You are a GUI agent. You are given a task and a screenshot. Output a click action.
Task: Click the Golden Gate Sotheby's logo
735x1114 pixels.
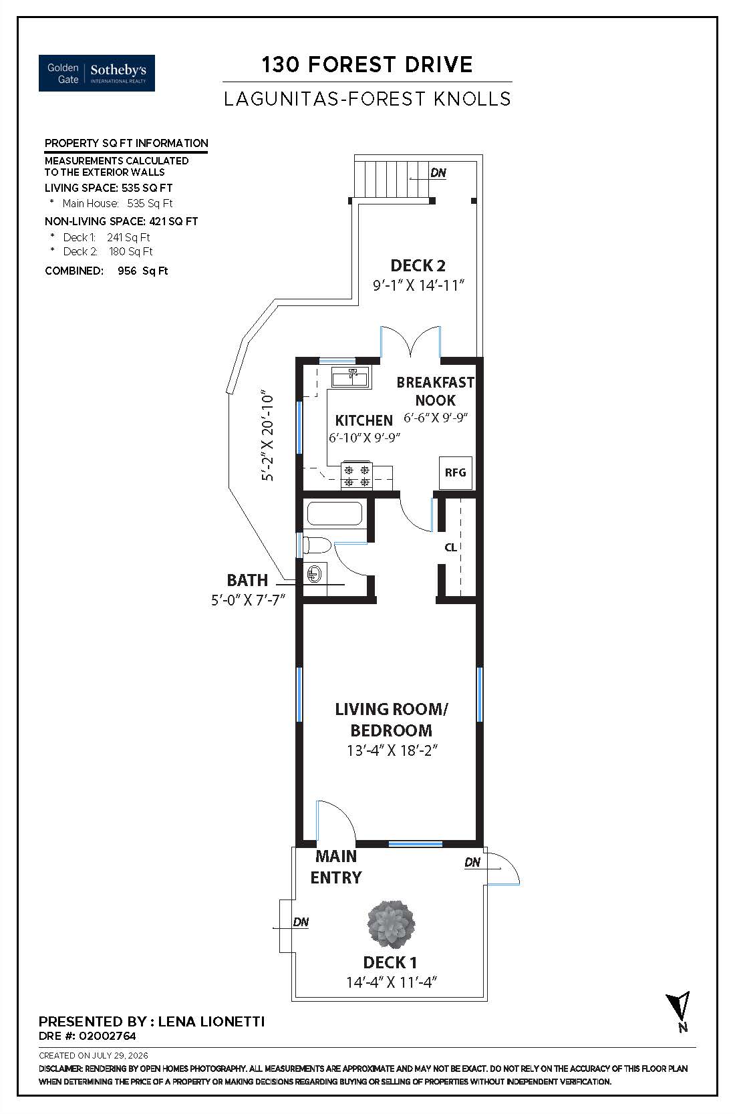tap(96, 73)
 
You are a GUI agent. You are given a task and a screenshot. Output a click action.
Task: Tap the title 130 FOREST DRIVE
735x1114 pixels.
tap(367, 65)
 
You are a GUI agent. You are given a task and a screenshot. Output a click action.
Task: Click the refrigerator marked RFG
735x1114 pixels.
tap(456, 472)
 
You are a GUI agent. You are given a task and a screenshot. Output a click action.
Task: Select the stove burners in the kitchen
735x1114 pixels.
tap(357, 475)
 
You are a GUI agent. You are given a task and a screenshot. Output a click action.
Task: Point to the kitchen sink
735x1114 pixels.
tap(351, 377)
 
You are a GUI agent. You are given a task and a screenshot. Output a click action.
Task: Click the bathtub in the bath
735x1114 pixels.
tap(335, 513)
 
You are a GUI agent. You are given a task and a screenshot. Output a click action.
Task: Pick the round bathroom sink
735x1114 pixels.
tap(314, 575)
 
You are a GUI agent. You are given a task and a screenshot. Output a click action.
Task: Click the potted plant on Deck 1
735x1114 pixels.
tap(391, 924)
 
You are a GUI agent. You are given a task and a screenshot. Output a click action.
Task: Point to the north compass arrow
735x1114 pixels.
tap(680, 1010)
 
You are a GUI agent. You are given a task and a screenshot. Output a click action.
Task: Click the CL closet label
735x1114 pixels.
tap(450, 547)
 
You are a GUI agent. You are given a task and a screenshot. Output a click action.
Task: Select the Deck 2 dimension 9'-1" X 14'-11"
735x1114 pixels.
tap(418, 285)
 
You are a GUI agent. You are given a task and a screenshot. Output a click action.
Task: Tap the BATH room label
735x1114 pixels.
tap(247, 580)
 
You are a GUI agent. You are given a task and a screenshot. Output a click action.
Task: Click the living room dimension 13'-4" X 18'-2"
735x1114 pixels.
tap(392, 750)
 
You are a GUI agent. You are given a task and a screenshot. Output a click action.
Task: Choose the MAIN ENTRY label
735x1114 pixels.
tap(336, 867)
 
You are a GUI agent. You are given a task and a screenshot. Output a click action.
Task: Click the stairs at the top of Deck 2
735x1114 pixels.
tap(392, 178)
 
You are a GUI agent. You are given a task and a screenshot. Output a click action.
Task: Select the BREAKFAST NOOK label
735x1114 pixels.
tap(436, 392)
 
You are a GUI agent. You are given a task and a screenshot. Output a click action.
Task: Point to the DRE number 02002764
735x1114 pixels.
tap(108, 1036)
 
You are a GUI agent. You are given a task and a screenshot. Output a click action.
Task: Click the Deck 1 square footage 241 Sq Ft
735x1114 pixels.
tap(128, 237)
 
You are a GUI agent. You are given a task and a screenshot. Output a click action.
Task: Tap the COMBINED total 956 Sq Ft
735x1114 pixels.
tap(143, 271)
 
